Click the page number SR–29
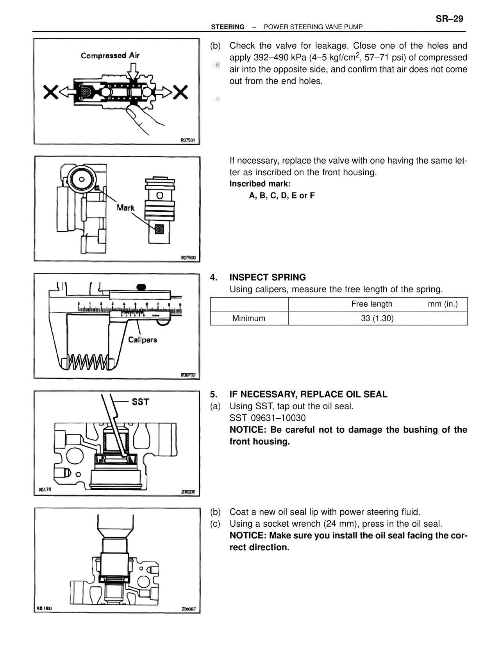449,19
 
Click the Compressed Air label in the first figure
110,56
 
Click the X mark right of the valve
180,92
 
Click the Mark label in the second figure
125,207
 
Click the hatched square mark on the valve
159,229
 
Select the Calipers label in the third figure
143,340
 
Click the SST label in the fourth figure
140,402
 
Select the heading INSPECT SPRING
268,277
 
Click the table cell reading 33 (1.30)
377,319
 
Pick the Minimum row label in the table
248,319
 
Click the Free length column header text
371,304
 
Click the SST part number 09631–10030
278,418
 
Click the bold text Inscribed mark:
260,184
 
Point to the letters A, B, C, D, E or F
282,196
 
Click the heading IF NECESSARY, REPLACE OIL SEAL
308,394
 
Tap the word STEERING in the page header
228,27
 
